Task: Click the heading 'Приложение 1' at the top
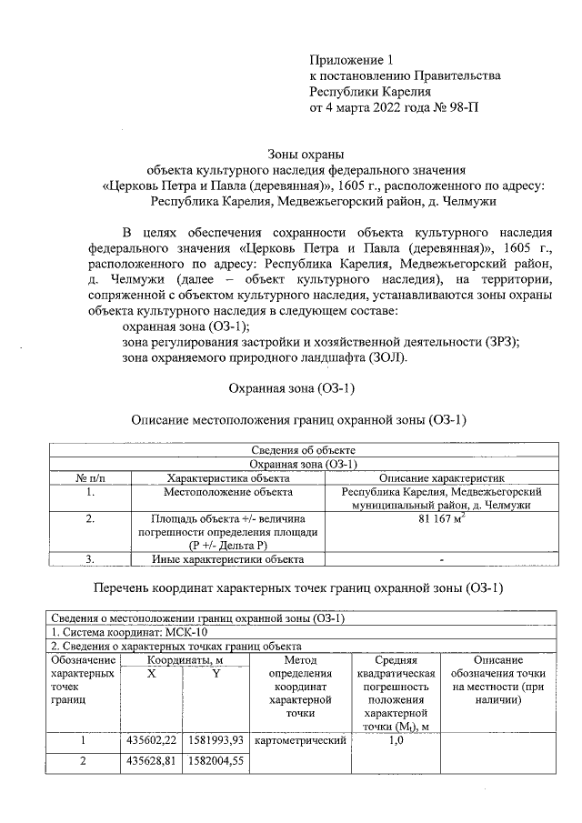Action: click(349, 58)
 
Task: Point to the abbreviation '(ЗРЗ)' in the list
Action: click(498, 341)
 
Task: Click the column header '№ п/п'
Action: click(89, 477)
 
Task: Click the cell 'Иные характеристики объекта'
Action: click(228, 559)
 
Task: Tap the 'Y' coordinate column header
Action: click(216, 673)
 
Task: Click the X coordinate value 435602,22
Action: click(151, 741)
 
